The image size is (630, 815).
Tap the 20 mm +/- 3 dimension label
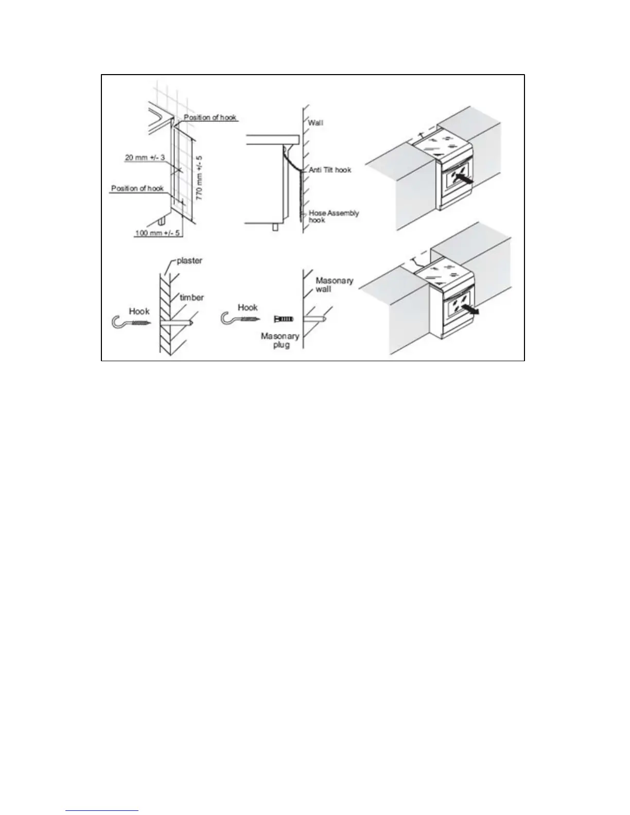(145, 157)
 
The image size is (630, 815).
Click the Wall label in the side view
(316, 123)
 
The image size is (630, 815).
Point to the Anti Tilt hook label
(330, 169)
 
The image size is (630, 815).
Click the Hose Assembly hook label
(334, 216)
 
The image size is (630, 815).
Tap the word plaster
(189, 260)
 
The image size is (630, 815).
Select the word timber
(191, 297)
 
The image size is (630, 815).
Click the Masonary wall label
(334, 285)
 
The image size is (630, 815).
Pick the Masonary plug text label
(280, 340)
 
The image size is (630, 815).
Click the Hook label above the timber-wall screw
(139, 311)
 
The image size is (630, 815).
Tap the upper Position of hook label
(210, 118)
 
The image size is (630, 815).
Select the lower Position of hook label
(137, 188)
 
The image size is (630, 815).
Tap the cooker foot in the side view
(276, 226)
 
